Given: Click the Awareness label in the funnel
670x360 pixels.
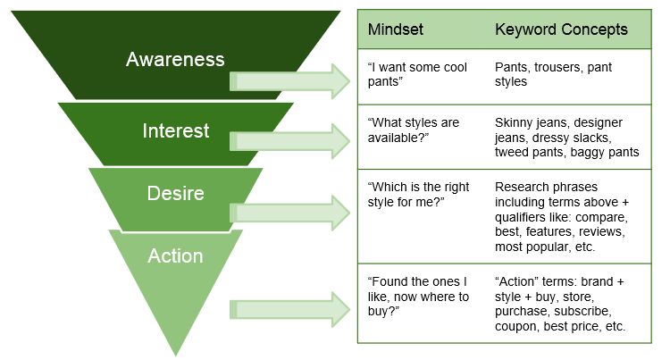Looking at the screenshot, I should (x=175, y=60).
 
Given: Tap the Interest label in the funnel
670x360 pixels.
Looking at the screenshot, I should (x=176, y=131).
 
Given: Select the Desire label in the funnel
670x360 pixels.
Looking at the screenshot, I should (x=175, y=193).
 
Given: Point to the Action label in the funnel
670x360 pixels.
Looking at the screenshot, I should (x=175, y=256).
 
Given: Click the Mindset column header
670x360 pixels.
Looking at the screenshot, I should (x=395, y=29).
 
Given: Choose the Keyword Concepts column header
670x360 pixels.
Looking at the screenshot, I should (x=561, y=29).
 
